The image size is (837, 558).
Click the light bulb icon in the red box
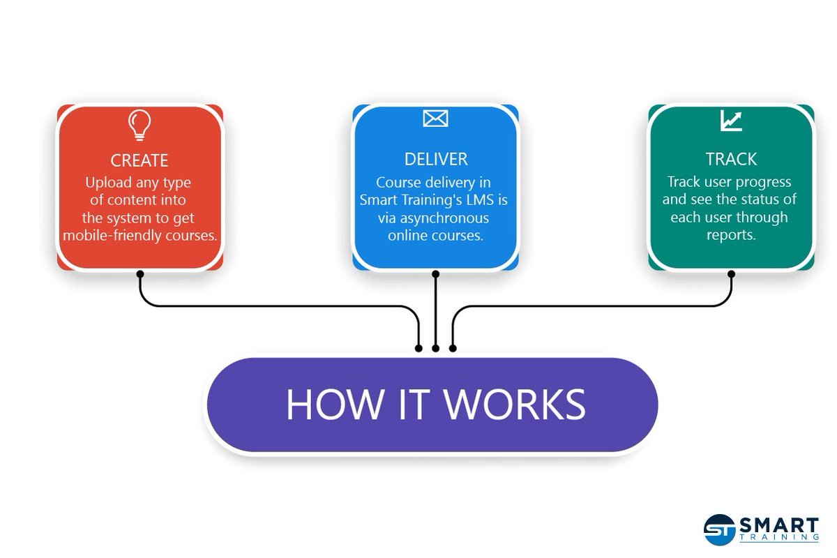(x=139, y=125)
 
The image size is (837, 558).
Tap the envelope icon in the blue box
(x=435, y=119)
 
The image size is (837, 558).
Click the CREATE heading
(x=139, y=160)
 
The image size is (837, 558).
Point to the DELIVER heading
(x=435, y=159)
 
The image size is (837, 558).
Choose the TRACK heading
(x=731, y=159)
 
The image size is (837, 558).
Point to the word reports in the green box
(x=731, y=235)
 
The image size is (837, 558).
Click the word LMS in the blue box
(x=481, y=200)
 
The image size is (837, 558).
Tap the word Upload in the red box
(x=107, y=183)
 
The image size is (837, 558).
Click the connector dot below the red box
(x=139, y=274)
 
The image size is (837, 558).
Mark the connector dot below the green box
(x=731, y=274)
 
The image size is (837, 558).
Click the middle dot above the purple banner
(x=436, y=347)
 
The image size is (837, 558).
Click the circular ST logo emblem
(x=719, y=529)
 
